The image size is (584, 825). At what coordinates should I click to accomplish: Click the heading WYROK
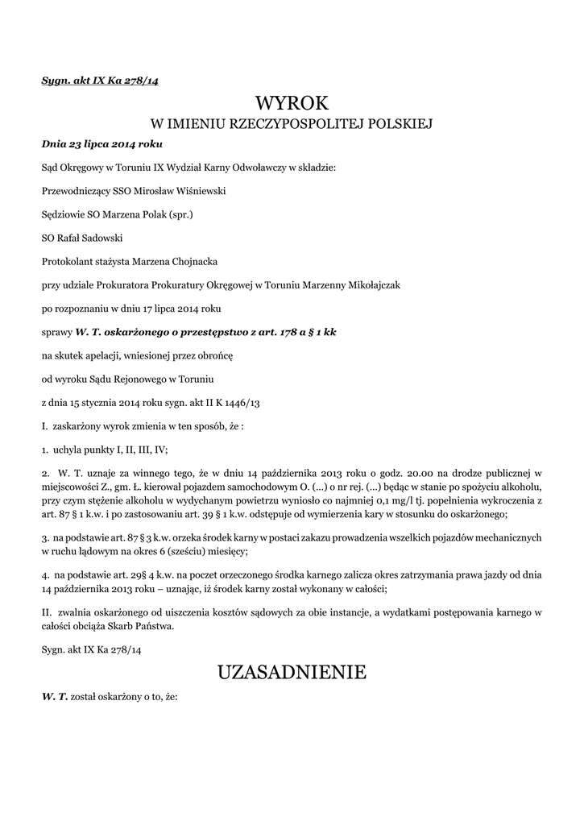pyautogui.click(x=292, y=102)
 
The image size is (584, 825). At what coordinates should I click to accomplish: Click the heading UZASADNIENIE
pyautogui.click(x=292, y=671)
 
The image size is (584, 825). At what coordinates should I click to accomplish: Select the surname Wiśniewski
pyautogui.click(x=198, y=192)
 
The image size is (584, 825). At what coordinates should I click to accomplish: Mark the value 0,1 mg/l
pyautogui.click(x=446, y=500)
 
